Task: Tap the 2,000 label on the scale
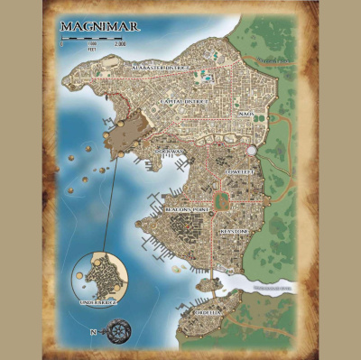[x=121, y=43]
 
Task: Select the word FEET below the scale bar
[x=92, y=49]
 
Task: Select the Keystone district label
[x=234, y=231]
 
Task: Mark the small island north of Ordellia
[x=209, y=283]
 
